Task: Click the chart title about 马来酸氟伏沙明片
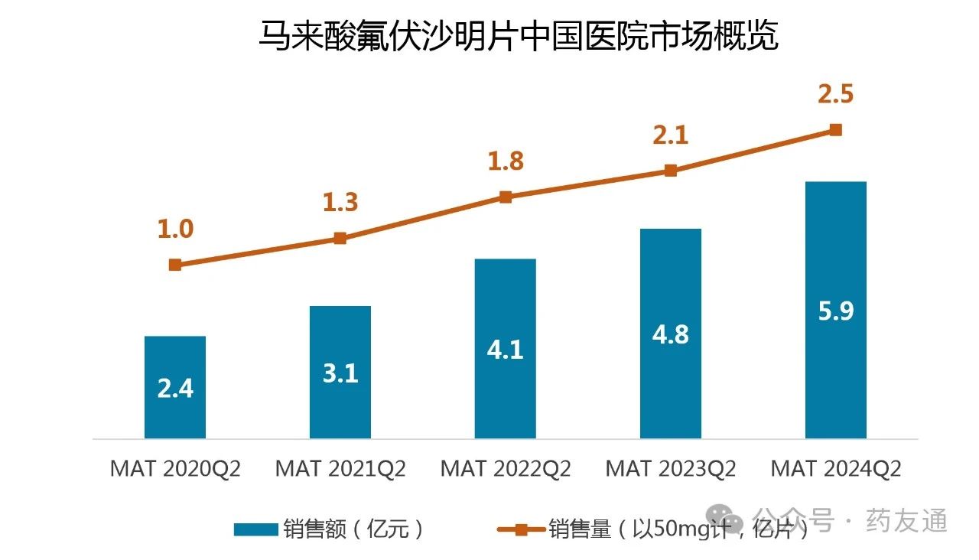(518, 36)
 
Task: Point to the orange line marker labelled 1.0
(175, 265)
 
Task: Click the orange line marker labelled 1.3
(340, 238)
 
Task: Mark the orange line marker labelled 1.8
(506, 197)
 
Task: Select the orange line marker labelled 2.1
(671, 171)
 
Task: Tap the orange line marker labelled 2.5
(836, 130)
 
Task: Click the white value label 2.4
(175, 389)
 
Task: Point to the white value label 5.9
(836, 311)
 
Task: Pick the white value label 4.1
(506, 350)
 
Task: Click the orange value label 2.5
(835, 95)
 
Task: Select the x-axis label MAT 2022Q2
(506, 468)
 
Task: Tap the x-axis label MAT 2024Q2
(836, 468)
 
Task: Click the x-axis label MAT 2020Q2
(175, 468)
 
